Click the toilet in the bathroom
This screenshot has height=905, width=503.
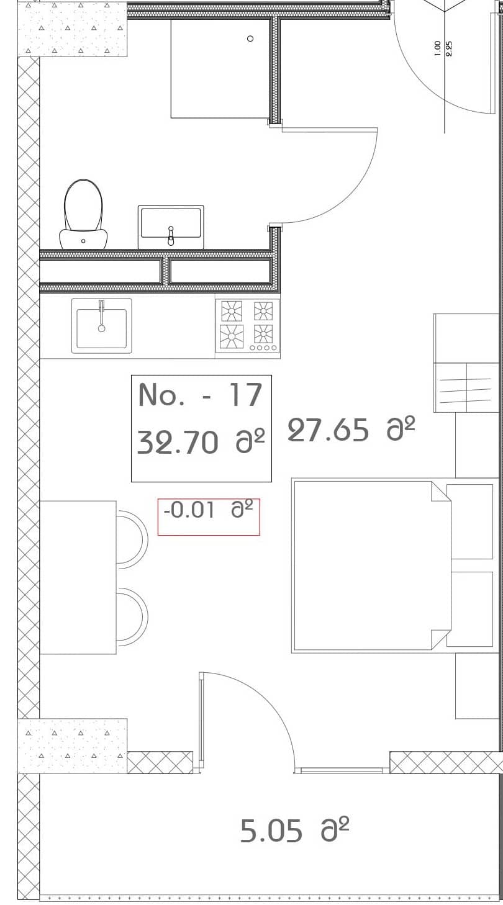point(83,214)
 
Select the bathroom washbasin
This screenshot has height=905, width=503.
point(171,225)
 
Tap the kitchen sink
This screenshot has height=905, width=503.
point(101,326)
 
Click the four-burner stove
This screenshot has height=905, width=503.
point(247,326)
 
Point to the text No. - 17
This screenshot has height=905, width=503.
point(200,395)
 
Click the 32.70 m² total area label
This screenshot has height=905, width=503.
point(200,442)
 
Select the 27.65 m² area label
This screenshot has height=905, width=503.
point(351,430)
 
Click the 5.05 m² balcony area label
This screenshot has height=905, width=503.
point(294,831)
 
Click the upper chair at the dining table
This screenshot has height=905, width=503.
point(132,539)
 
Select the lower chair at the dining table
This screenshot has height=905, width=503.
point(132,617)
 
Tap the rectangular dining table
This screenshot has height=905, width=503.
point(78,577)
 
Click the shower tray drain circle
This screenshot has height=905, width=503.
point(250,38)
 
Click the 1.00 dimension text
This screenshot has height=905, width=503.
point(438,48)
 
